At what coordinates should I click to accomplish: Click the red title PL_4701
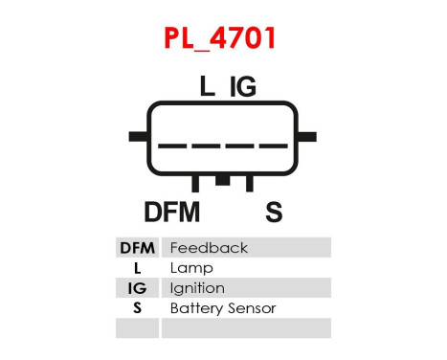(223, 38)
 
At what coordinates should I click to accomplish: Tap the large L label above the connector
(208, 87)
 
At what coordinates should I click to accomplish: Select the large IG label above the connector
(242, 87)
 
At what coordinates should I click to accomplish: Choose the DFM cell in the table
(138, 248)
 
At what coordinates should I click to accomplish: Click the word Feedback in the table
(208, 248)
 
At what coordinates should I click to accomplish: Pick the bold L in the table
(138, 268)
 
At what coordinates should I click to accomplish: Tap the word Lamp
(190, 268)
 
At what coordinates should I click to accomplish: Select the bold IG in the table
(138, 288)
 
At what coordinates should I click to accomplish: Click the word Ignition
(197, 288)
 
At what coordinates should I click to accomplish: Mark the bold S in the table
(138, 308)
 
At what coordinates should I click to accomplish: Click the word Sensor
(251, 308)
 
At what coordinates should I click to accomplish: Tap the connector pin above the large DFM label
(195, 183)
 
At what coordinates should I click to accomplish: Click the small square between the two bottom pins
(223, 180)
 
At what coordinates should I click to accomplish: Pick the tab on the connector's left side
(136, 137)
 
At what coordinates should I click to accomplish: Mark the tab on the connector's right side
(310, 137)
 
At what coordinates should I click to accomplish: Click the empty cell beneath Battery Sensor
(246, 328)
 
